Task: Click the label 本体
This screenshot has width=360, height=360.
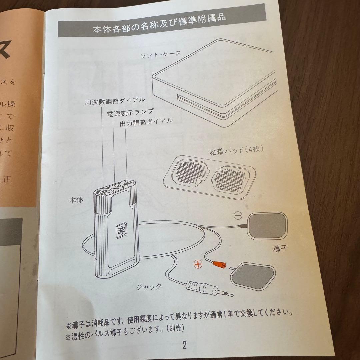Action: [76, 200]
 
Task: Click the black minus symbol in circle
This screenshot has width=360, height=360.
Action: [238, 216]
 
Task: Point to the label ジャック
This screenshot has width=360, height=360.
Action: [149, 286]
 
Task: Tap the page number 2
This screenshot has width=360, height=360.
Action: [184, 345]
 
